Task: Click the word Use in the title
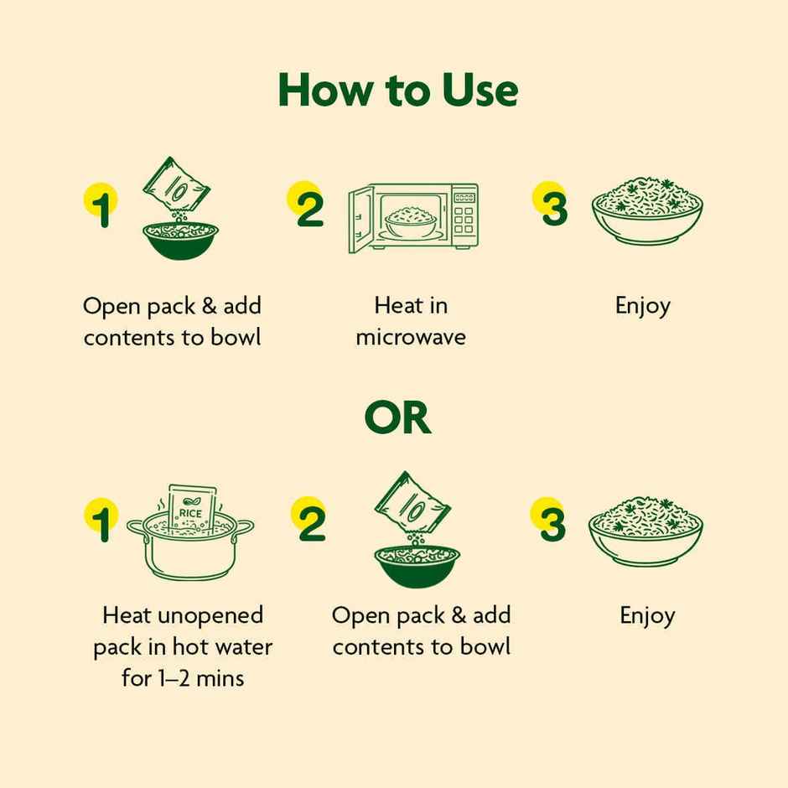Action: click(480, 90)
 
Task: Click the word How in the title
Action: click(327, 90)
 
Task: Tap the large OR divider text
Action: click(397, 418)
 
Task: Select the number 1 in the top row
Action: click(102, 207)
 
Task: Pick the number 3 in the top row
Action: click(553, 207)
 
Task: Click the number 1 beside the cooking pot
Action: click(102, 522)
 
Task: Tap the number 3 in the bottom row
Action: click(552, 522)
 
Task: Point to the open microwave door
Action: click(361, 219)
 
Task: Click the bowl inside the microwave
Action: click(411, 222)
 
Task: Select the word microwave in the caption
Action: click(411, 337)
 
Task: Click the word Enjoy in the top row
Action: click(643, 307)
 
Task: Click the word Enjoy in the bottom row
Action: click(647, 616)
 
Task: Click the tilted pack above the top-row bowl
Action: click(175, 185)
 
